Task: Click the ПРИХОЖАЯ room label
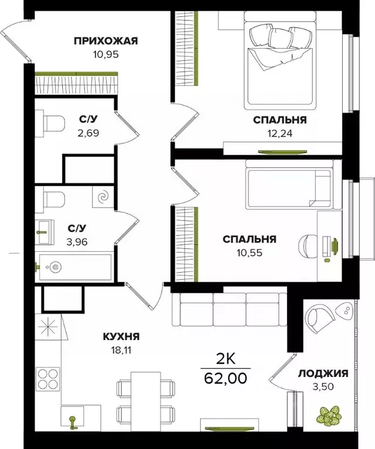pos(105,40)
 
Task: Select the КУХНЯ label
pos(121,337)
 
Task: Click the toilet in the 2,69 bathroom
pos(53,124)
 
